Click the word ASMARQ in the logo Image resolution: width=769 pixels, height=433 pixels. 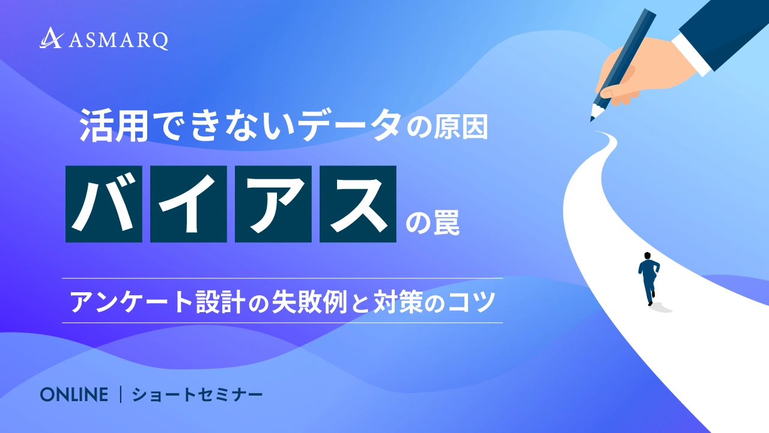[x=118, y=41]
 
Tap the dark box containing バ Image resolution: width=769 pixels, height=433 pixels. [x=104, y=204]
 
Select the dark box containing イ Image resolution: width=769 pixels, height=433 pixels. [x=189, y=204]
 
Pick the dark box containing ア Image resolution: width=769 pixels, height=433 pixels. [x=273, y=204]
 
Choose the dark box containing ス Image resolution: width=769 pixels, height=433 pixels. [x=358, y=204]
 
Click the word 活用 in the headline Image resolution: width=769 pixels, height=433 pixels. [x=114, y=126]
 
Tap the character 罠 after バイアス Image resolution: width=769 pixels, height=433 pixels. [x=446, y=223]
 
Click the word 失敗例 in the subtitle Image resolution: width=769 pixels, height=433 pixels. [x=309, y=302]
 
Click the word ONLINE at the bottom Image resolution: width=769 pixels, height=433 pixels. [x=74, y=395]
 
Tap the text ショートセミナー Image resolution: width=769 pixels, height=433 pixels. [x=198, y=395]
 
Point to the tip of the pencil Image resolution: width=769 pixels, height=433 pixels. [x=592, y=120]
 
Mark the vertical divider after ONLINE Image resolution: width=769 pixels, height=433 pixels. [x=121, y=395]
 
